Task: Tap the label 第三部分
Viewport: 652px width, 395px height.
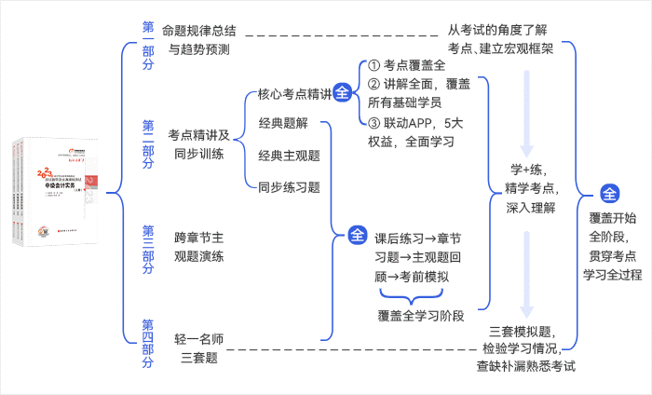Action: [x=149, y=249]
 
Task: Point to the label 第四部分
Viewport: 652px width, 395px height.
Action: [x=149, y=344]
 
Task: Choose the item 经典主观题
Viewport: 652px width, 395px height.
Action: [x=289, y=155]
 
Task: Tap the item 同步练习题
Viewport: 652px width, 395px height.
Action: [x=289, y=186]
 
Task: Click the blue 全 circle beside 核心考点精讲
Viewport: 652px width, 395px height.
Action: [x=343, y=94]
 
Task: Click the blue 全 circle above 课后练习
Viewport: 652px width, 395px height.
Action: [x=358, y=235]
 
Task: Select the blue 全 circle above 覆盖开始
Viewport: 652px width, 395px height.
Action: [x=610, y=195]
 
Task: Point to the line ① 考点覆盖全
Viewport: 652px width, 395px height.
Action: [x=407, y=66]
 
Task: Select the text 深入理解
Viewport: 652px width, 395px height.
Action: [x=531, y=207]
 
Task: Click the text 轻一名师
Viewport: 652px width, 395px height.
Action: [x=199, y=337]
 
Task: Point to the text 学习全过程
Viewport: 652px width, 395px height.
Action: [x=612, y=275]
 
